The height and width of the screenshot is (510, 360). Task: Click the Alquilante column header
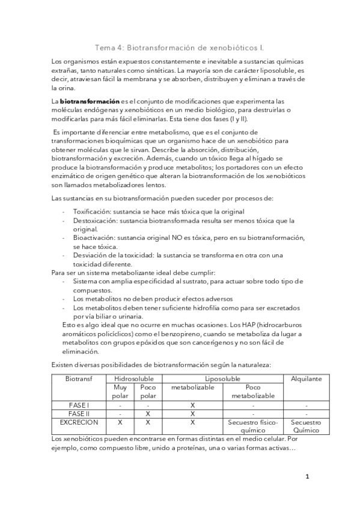(306, 379)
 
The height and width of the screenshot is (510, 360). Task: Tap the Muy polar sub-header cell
(121, 392)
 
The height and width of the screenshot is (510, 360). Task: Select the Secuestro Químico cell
(306, 426)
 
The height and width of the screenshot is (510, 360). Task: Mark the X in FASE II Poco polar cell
(147, 414)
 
